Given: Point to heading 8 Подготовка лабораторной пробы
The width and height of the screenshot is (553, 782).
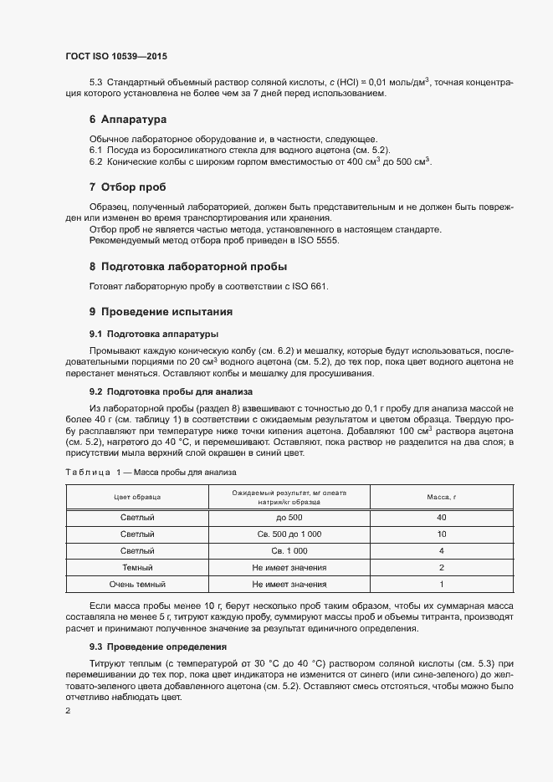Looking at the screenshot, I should click(188, 267).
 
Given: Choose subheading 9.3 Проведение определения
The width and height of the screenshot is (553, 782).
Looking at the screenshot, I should click(150, 647).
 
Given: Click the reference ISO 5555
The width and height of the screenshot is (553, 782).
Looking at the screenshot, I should click(323, 241).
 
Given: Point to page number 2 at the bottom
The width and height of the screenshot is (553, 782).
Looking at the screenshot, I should click(68, 710).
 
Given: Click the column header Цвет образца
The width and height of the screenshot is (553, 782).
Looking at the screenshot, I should click(137, 497).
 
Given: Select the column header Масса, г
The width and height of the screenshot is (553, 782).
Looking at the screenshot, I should click(441, 497).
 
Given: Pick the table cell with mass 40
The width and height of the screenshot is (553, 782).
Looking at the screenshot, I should click(441, 518).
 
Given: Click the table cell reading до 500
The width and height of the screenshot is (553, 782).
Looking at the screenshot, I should click(289, 518).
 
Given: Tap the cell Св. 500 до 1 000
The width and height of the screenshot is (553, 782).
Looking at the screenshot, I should click(289, 534).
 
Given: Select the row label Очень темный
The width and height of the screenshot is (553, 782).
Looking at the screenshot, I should click(137, 583).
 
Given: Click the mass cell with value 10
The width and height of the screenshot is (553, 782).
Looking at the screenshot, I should click(441, 534).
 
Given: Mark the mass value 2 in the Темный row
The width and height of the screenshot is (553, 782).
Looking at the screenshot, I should click(441, 566).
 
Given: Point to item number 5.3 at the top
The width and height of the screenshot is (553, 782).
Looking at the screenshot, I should click(95, 81).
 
